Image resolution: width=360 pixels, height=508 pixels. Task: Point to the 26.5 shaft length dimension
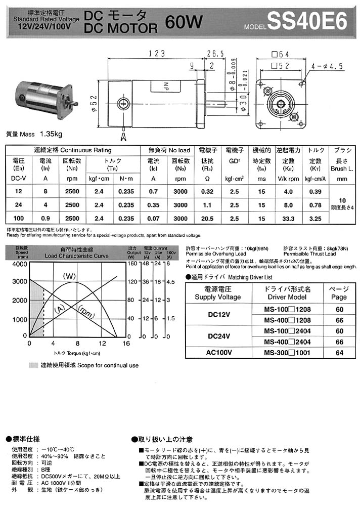pos(215,54)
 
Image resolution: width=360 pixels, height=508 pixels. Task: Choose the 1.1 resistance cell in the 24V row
pos(208,205)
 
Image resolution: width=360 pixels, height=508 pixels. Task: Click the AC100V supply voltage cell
pos(219,353)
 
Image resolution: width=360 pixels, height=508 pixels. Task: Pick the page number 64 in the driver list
pos(339,353)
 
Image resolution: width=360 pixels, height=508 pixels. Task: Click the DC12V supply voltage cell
pos(219,314)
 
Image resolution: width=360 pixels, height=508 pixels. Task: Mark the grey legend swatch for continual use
pos(33,365)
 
